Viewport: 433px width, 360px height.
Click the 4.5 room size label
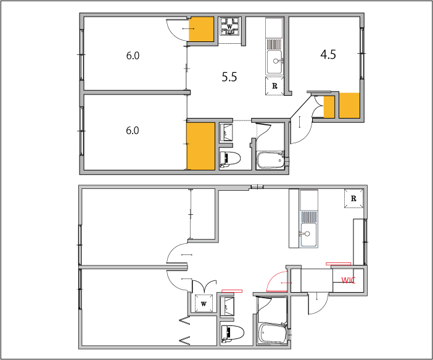click(x=328, y=54)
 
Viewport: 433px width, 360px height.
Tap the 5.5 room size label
click(x=229, y=77)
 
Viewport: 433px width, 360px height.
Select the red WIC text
click(x=348, y=280)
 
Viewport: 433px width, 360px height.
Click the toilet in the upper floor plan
click(x=230, y=159)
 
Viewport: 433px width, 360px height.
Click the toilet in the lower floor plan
click(x=233, y=333)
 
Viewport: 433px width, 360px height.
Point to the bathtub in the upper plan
click(x=270, y=160)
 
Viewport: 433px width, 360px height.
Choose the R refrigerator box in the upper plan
click(x=274, y=86)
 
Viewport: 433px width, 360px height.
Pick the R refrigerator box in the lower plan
click(x=353, y=198)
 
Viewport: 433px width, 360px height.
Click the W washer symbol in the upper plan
click(x=229, y=27)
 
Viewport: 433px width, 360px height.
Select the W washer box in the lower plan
click(x=204, y=304)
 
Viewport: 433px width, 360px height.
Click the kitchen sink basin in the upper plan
click(x=274, y=62)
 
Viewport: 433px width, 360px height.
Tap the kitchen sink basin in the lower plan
click(x=308, y=235)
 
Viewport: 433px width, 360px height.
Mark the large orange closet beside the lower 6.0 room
click(x=200, y=146)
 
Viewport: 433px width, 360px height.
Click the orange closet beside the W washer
click(x=201, y=29)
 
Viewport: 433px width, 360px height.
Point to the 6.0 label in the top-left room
click(x=133, y=56)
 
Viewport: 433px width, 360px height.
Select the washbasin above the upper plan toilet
click(x=226, y=133)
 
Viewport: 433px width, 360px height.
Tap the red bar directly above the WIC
click(x=338, y=264)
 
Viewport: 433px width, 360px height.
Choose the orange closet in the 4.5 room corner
click(x=349, y=106)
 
